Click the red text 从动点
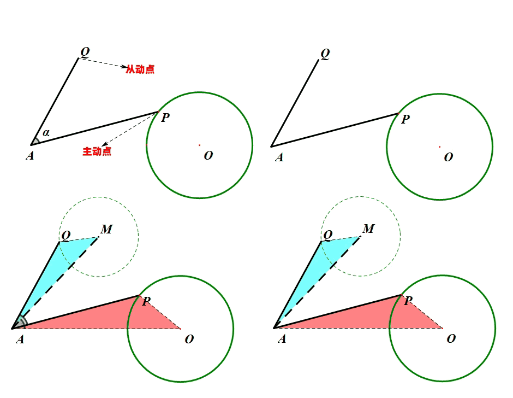(140, 69)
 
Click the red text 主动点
(97, 151)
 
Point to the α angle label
(46, 133)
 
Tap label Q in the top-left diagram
(85, 52)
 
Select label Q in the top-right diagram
(325, 53)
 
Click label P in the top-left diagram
(165, 118)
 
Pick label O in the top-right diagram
(449, 157)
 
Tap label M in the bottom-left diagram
(106, 229)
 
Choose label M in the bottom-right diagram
(368, 229)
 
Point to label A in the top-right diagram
(279, 157)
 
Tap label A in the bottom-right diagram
(282, 339)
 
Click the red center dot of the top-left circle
(199, 145)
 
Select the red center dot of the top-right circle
(439, 146)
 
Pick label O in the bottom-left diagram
(189, 339)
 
